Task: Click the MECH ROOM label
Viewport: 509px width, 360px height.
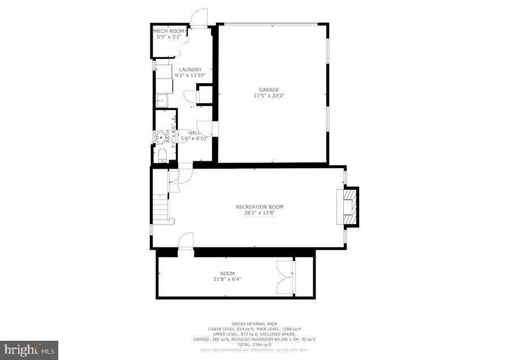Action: pyautogui.click(x=170, y=31)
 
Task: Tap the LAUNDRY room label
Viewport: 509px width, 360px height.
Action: pyautogui.click(x=190, y=70)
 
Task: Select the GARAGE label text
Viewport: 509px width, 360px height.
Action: pyautogui.click(x=269, y=89)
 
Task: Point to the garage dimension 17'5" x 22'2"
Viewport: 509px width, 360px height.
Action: pyautogui.click(x=269, y=96)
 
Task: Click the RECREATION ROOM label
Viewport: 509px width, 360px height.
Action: pyautogui.click(x=260, y=207)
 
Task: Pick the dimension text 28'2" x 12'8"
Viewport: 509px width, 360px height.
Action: pyautogui.click(x=260, y=213)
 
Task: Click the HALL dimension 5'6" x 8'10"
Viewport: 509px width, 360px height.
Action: pyautogui.click(x=193, y=138)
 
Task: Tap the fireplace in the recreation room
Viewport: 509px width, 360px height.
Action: pyautogui.click(x=348, y=207)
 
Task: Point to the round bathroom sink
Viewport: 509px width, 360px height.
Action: pyautogui.click(x=161, y=136)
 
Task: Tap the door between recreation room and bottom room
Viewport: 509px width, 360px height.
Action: pyautogui.click(x=186, y=241)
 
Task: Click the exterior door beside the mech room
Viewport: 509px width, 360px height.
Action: pyautogui.click(x=199, y=19)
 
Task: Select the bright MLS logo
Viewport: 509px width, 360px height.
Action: pyautogui.click(x=29, y=349)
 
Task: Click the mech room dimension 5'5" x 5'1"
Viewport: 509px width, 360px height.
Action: pyautogui.click(x=170, y=37)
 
